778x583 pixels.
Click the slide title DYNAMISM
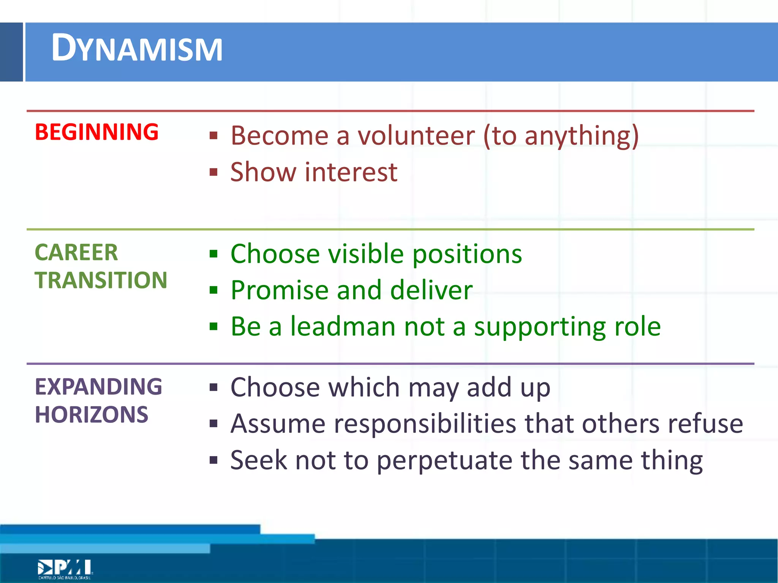(137, 49)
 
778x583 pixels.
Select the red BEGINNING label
(96, 132)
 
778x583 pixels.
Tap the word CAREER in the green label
(76, 252)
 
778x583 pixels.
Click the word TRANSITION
(101, 280)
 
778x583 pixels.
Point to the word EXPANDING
(98, 387)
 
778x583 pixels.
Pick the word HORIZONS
(91, 414)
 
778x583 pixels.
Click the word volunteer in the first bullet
(416, 136)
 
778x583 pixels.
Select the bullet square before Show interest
(213, 172)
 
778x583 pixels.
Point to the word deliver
(431, 290)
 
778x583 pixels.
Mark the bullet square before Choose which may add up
(213, 388)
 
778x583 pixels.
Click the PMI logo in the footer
(65, 569)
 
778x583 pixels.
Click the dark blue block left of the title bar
(11, 52)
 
